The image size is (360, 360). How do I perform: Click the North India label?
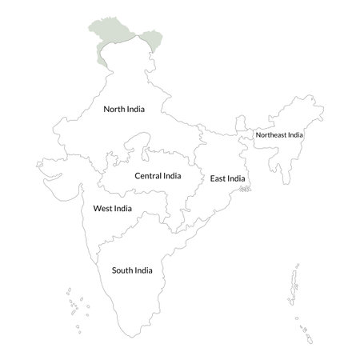(124, 108)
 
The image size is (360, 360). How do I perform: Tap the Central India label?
(158, 175)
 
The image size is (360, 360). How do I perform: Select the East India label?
(228, 178)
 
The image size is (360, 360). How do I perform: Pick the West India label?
(113, 208)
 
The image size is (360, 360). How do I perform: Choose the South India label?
(132, 270)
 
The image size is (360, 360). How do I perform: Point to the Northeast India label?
(279, 134)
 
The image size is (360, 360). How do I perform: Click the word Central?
(149, 175)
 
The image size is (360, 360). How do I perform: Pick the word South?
(122, 270)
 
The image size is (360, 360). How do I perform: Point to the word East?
(218, 178)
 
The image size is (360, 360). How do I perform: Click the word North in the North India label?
(115, 108)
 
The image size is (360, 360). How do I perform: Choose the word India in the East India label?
(237, 178)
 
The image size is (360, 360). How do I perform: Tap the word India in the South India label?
(143, 270)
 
